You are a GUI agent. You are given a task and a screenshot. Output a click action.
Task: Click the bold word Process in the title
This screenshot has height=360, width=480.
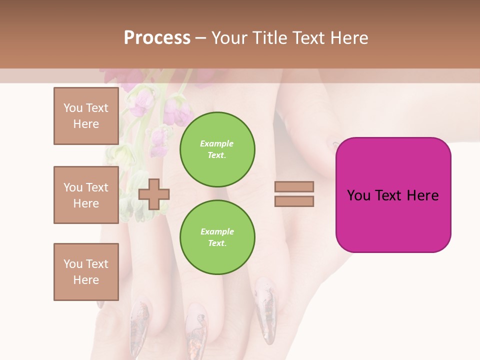click(157, 38)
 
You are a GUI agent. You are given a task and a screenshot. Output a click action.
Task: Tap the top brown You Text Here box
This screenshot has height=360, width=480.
click(86, 116)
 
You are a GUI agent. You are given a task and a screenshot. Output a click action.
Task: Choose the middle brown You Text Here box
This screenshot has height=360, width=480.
click(86, 195)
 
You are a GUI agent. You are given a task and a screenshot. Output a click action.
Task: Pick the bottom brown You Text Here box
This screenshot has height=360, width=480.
click(86, 272)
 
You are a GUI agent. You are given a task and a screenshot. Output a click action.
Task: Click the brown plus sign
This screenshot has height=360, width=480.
click(153, 194)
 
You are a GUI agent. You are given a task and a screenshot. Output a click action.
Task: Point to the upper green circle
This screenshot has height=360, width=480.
click(217, 149)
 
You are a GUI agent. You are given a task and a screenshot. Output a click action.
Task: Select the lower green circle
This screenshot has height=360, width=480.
click(217, 237)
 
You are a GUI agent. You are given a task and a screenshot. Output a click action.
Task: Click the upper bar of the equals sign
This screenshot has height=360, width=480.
click(294, 187)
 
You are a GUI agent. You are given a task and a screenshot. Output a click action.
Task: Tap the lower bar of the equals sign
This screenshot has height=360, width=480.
click(294, 201)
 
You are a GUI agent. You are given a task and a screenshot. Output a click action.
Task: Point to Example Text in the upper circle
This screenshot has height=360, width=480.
click(217, 149)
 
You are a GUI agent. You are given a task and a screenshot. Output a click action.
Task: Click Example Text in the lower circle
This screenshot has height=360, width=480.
click(217, 237)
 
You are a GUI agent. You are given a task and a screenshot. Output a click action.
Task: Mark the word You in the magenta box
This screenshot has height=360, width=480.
click(358, 195)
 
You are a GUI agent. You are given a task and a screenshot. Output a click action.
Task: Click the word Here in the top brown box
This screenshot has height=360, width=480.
click(86, 124)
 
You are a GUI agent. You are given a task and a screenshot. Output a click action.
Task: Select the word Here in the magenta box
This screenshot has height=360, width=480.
click(423, 195)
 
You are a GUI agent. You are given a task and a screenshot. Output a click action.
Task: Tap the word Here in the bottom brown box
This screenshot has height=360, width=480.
click(86, 280)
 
